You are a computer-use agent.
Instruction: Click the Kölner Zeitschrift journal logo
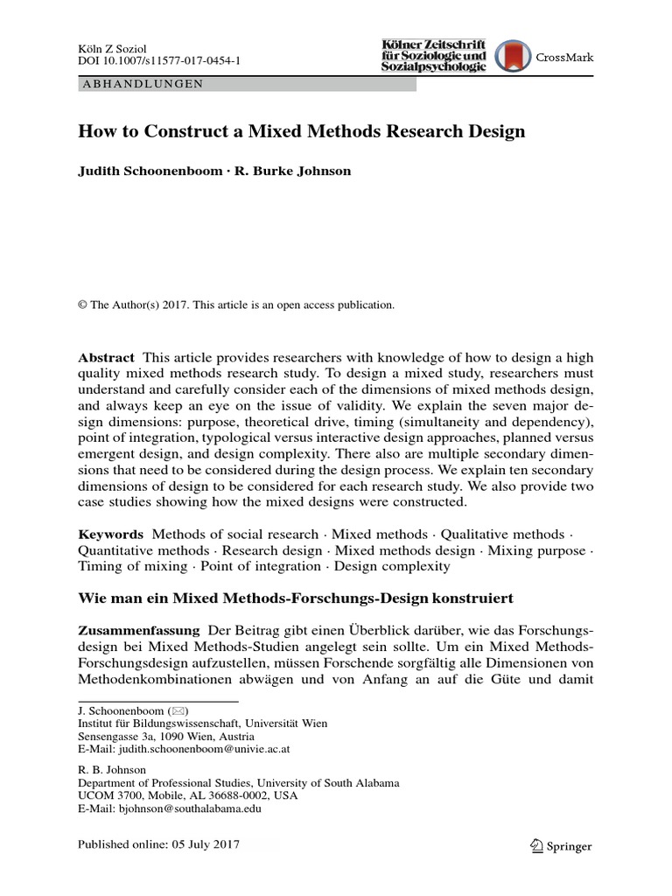point(433,56)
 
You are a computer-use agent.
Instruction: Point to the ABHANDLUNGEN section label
point(142,84)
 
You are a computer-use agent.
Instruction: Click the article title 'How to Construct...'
point(302,132)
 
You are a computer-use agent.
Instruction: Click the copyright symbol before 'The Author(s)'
point(83,305)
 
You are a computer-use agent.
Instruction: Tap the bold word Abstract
point(107,358)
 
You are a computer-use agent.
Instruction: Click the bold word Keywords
point(110,533)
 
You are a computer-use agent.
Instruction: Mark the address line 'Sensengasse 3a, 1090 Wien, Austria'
point(164,737)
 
